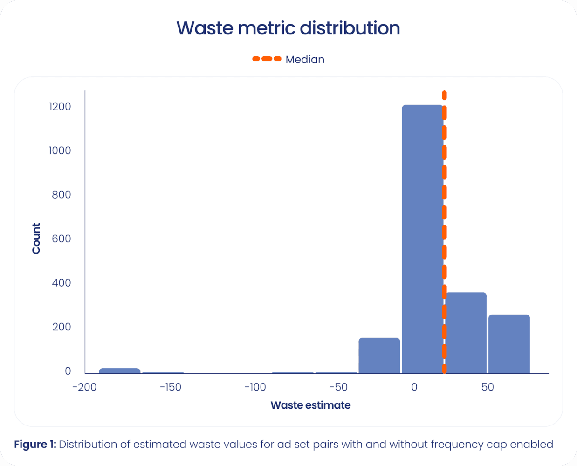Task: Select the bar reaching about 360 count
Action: (x=466, y=333)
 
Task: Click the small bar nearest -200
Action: (x=120, y=371)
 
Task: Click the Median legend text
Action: (x=305, y=60)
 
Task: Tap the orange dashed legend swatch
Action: (x=267, y=59)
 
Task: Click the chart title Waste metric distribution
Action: (x=288, y=28)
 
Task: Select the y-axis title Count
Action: (x=36, y=238)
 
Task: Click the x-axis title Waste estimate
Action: (x=310, y=405)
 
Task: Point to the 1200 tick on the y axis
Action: (x=60, y=107)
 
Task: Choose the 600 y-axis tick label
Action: (x=62, y=239)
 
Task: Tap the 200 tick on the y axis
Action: (x=62, y=327)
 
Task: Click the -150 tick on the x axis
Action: (x=170, y=387)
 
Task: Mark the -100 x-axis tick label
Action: (x=255, y=387)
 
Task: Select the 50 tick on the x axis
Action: (x=488, y=387)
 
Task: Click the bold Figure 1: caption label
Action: (x=35, y=445)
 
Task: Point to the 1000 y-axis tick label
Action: (x=60, y=151)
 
